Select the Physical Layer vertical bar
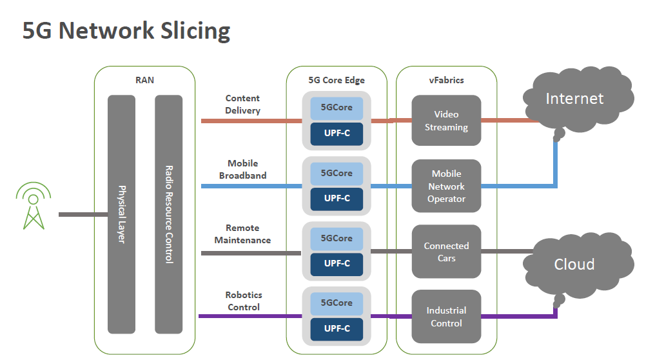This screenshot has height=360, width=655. coord(121,214)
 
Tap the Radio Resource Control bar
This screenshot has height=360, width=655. coord(169,214)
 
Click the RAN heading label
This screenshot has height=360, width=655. coord(144,81)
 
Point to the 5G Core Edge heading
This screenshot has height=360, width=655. coord(337,81)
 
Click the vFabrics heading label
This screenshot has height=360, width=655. coord(446,81)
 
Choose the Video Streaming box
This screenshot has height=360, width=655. coord(446,121)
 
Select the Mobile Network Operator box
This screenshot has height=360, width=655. coord(446,186)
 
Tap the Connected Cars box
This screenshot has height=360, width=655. coord(446,252)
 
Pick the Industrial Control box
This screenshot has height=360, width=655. coord(446,317)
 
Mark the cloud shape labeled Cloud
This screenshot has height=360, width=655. coord(574,265)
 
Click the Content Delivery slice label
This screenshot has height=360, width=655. coord(242,105)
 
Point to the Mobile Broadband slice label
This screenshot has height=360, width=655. coord(242,170)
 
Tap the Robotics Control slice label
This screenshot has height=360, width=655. coord(243,301)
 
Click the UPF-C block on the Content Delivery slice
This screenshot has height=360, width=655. coord(337,134)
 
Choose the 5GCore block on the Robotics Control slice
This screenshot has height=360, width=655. coord(337,303)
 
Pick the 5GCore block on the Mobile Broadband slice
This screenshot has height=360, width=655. coord(337,173)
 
